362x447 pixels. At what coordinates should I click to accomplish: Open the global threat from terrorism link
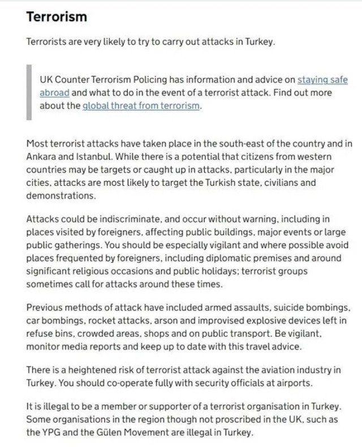(141, 106)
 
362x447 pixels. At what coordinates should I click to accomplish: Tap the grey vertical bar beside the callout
(29, 93)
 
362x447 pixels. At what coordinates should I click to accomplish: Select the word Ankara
(41, 155)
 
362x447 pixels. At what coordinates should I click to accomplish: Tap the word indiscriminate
(114, 219)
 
